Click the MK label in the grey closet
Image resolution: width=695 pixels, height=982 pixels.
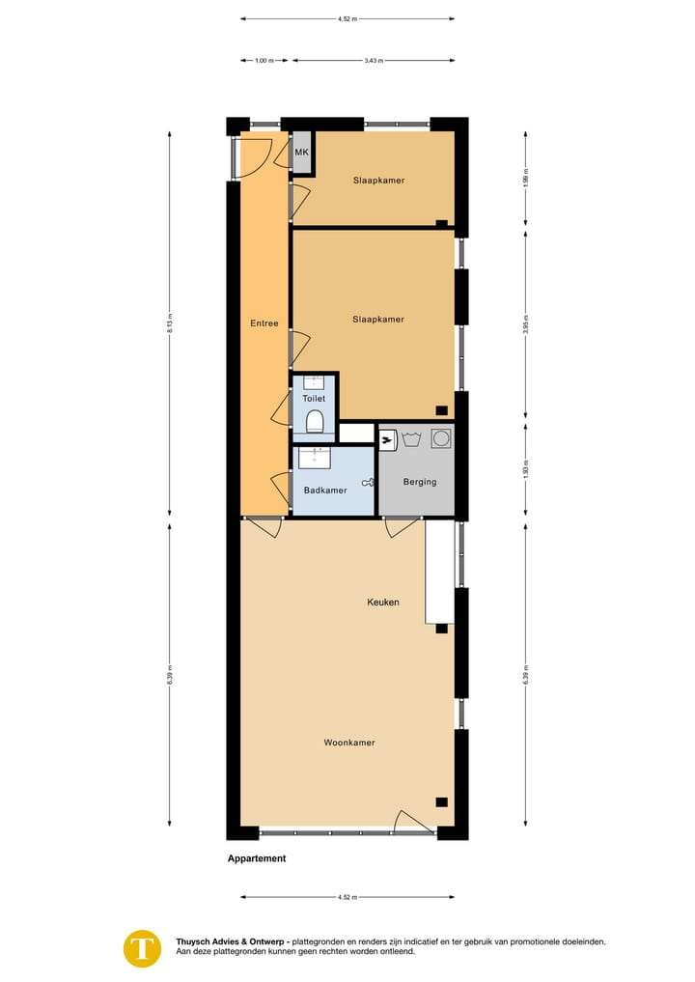click(301, 153)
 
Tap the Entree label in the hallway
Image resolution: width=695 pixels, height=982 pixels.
click(264, 323)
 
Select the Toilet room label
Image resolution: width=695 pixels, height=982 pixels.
click(314, 398)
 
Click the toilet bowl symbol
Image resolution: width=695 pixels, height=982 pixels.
click(314, 421)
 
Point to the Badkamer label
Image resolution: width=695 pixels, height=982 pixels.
click(324, 491)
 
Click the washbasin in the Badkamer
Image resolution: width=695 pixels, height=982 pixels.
click(314, 456)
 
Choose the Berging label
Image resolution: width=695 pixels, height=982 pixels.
click(420, 482)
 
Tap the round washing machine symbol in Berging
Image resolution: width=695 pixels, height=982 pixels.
click(441, 438)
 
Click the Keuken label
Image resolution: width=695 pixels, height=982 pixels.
click(382, 602)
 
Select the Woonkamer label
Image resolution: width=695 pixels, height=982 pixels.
click(348, 743)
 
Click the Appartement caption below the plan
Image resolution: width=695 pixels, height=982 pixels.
click(257, 858)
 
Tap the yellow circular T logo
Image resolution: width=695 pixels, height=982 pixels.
click(143, 947)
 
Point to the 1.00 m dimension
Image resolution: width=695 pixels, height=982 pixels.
click(262, 60)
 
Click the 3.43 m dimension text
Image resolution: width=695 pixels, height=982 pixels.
click(374, 60)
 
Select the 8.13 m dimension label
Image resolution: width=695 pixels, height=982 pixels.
click(170, 323)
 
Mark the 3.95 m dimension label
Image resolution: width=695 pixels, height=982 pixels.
click(525, 323)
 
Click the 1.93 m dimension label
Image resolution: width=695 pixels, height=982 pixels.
click(525, 470)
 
